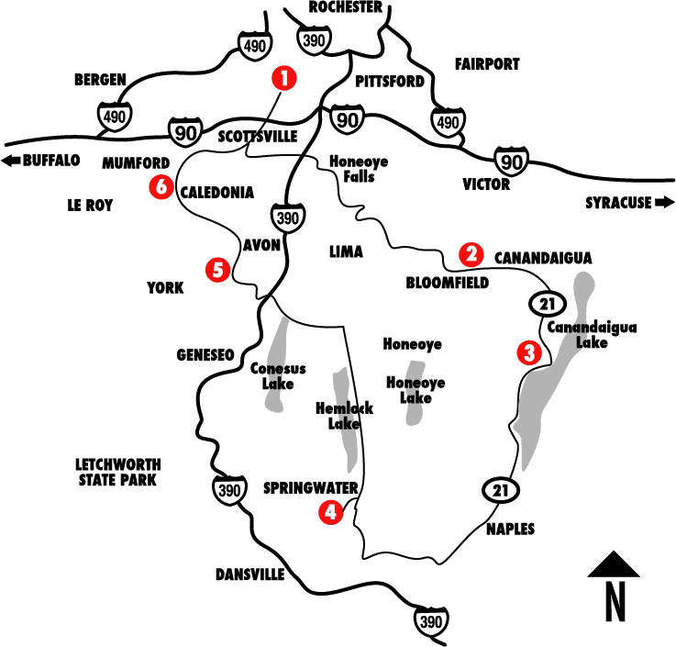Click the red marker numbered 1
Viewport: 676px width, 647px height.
[284, 79]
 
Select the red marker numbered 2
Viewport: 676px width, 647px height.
[471, 254]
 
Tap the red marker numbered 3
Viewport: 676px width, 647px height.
[527, 352]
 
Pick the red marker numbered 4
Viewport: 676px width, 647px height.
[330, 512]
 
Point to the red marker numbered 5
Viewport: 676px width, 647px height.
[217, 270]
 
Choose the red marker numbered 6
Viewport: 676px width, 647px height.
[161, 187]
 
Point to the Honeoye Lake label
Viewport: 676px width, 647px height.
[415, 389]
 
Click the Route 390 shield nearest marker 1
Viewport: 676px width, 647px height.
[314, 39]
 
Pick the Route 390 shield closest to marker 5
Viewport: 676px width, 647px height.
[287, 218]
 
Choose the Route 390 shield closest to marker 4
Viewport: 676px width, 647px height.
[229, 491]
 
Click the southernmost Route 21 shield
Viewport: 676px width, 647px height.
[499, 491]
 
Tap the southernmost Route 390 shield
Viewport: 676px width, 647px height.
[430, 621]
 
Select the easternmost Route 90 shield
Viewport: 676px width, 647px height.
[510, 162]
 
